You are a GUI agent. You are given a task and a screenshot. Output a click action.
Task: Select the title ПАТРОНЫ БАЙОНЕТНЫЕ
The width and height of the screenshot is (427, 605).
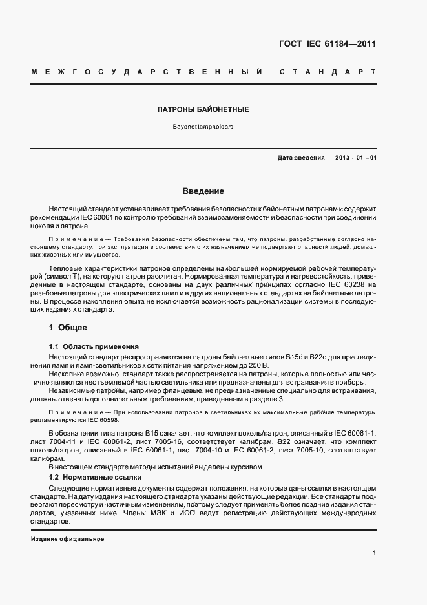pos(203,110)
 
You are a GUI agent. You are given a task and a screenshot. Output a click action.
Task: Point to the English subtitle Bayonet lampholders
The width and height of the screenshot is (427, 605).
pos(203,127)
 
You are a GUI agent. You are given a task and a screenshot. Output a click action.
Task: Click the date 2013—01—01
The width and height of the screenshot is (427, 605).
pos(354,157)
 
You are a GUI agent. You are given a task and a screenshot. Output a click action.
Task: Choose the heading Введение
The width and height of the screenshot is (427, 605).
pos(203,191)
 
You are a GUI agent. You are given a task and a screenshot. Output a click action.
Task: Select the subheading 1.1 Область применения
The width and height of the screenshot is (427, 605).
pos(94,347)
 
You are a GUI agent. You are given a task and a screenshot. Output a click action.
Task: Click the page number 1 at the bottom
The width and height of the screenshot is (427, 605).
pos(374,553)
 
